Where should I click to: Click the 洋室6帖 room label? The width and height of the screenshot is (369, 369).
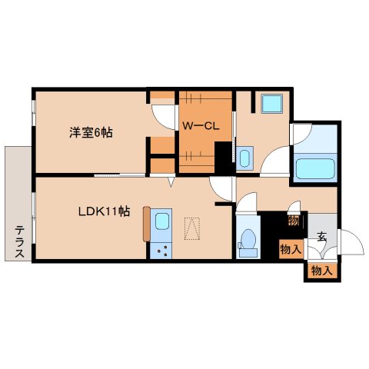coord(91,132)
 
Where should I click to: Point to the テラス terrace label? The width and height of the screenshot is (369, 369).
coord(19,241)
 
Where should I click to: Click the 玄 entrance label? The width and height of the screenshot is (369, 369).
coord(321,237)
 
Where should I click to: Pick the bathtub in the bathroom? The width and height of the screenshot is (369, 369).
coord(314,167)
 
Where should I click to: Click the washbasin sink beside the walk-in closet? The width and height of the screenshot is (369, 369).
coord(244,159)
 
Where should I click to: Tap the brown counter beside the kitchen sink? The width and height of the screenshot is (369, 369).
coord(145,225)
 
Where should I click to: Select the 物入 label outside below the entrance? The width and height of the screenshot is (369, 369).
coord(321,271)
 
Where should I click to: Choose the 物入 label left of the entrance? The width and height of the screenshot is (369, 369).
coord(289,249)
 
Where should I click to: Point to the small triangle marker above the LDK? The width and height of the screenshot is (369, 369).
coord(172,183)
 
